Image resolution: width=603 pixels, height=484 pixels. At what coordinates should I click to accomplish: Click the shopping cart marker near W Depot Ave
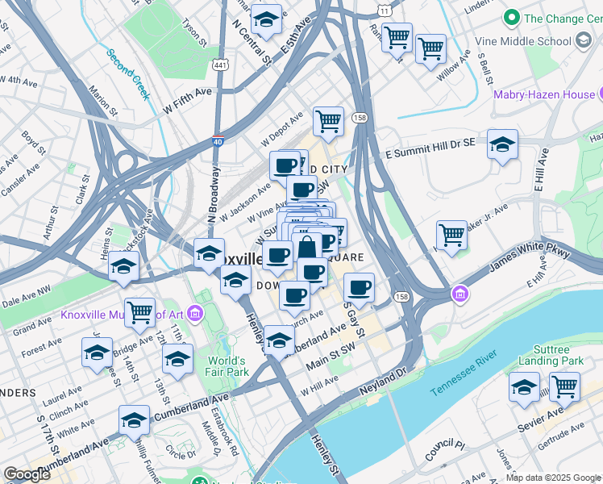coord(328,122)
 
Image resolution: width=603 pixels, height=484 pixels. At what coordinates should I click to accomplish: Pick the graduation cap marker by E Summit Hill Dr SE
coord(502,144)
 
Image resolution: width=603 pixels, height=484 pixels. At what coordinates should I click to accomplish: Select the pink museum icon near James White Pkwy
coord(460,292)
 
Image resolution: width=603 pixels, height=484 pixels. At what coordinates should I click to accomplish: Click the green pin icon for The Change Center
coord(510,18)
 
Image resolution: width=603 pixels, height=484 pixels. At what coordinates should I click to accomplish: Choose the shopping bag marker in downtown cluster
coord(306,247)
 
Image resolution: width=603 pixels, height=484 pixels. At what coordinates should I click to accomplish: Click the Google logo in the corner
coord(27,474)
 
